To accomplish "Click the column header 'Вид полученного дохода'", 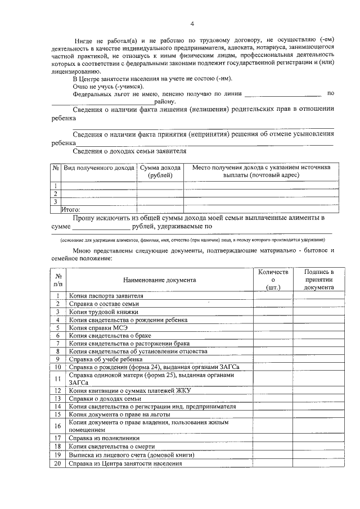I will click(x=98, y=168).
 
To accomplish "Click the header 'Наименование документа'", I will click(x=160, y=280).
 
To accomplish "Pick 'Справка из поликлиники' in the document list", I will click(x=104, y=438).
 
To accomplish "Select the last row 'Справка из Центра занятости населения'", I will click(x=126, y=464).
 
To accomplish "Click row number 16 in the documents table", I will click(x=58, y=425).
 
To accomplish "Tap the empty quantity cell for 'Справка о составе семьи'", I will click(x=272, y=304).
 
